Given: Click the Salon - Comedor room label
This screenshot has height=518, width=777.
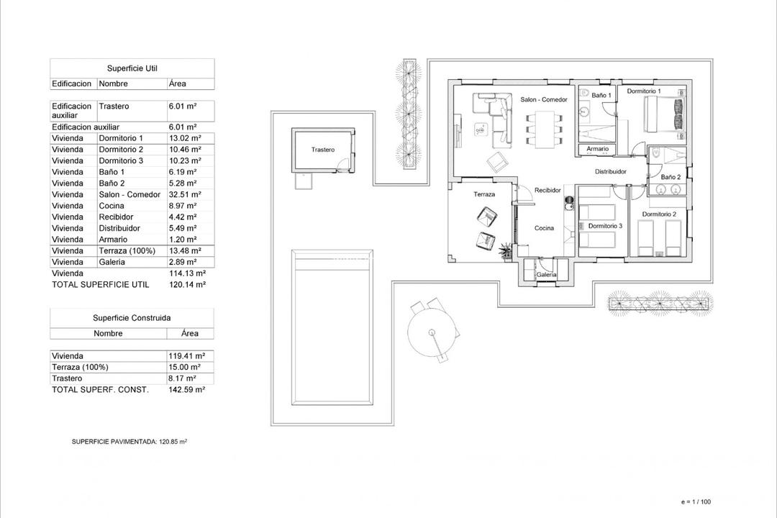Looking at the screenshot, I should point(544,99).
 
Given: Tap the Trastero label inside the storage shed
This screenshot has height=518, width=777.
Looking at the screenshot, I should point(323,150).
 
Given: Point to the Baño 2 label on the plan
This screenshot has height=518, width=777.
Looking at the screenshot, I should point(670,176).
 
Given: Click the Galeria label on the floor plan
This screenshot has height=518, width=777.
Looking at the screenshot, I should point(546,275).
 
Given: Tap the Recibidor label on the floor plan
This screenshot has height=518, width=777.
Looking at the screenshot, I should point(547,191).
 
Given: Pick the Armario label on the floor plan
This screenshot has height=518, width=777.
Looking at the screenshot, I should point(597,149).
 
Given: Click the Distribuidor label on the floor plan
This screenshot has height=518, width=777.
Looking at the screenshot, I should point(610,172).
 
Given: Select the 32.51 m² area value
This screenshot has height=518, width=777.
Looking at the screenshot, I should point(185,194).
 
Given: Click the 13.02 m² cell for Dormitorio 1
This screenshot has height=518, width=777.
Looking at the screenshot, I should point(185,138).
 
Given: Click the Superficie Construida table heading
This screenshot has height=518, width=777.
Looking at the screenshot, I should point(132,317).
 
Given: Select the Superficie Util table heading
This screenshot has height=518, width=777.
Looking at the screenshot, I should point(132,68).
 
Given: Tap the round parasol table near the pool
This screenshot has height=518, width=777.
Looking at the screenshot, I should point(432,332).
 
